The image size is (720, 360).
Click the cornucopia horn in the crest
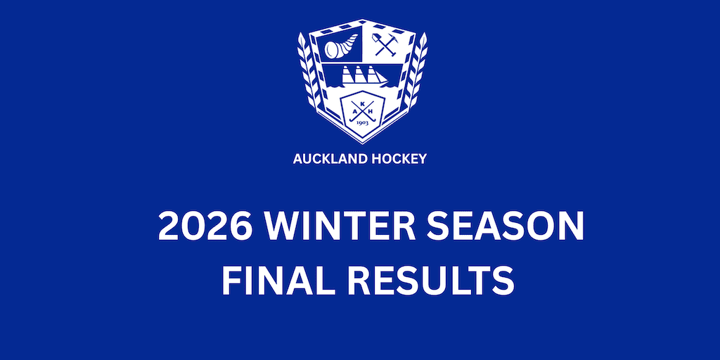pos(341,46)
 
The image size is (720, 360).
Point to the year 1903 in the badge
pos(362,123)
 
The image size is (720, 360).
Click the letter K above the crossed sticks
pos(362,104)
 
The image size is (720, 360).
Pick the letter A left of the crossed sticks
pos(354,112)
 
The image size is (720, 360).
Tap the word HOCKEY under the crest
pos(399,159)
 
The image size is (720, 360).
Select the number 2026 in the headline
pos(205,227)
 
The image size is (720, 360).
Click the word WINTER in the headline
pos(340,227)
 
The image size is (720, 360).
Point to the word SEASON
pos(505,227)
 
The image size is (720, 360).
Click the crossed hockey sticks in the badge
pos(362,113)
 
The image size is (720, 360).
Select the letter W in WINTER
pos(287,227)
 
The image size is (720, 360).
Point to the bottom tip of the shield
pos(362,143)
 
